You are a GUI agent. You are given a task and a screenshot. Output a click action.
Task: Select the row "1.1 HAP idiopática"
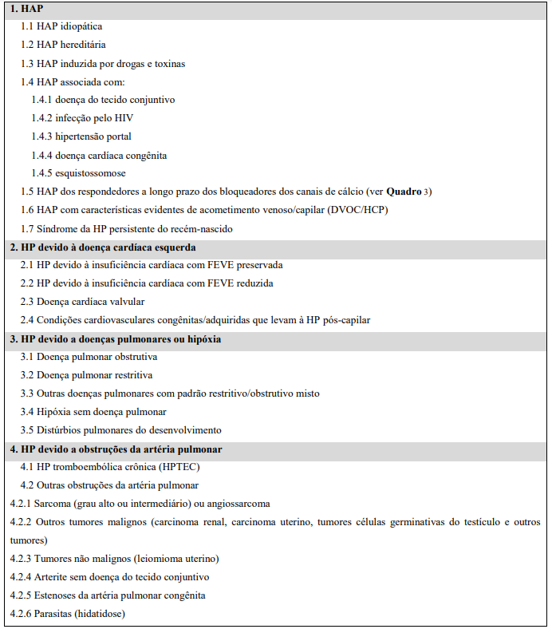[x=61, y=26]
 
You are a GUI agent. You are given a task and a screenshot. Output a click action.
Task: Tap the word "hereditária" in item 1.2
[x=83, y=45]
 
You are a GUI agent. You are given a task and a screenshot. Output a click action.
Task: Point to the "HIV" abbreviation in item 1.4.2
[x=123, y=118]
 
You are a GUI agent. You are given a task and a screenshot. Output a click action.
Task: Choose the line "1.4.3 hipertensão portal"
[x=81, y=136]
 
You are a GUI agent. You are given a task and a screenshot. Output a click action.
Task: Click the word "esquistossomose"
[x=90, y=173]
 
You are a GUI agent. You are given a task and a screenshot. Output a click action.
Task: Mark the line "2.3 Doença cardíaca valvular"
[x=83, y=302]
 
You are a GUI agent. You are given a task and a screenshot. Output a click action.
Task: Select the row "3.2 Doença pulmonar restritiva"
[x=86, y=375]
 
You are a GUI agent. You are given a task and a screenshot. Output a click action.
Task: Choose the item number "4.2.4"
[x=21, y=577]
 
